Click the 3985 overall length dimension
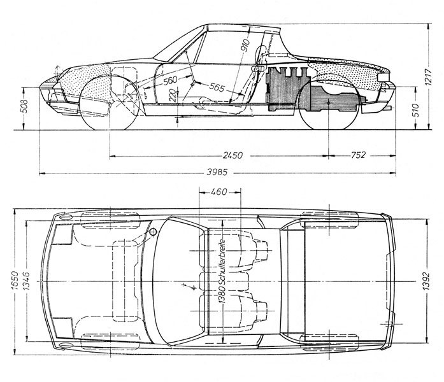click(217, 172)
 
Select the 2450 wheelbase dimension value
click(233, 155)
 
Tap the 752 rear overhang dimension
click(358, 155)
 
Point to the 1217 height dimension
click(429, 77)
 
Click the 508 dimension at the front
click(25, 106)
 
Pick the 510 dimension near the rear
click(415, 110)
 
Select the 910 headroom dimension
click(245, 45)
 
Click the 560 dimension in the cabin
click(170, 81)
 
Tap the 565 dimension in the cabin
click(217, 87)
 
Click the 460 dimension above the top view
click(219, 192)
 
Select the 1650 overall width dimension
click(15, 280)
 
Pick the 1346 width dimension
click(25, 280)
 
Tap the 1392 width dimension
click(426, 281)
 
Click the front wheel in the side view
click(110, 102)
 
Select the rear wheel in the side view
click(329, 103)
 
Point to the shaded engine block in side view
click(287, 89)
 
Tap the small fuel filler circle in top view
click(153, 232)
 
